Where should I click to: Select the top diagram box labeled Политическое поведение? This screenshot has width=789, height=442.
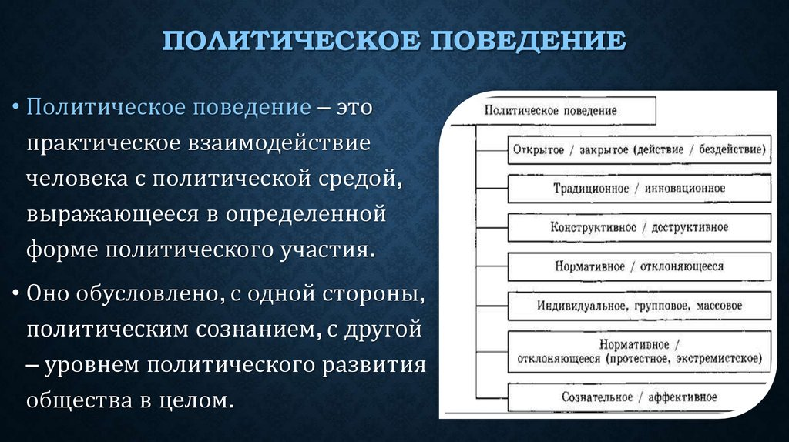(x=569, y=110)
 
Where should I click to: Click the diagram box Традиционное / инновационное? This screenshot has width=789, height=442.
(x=638, y=188)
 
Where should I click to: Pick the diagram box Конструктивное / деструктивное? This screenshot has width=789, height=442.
(x=638, y=227)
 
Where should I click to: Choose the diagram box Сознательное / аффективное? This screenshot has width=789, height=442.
(x=638, y=397)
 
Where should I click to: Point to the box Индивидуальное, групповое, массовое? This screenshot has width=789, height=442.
(x=638, y=306)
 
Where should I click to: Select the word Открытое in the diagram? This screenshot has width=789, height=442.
(x=537, y=149)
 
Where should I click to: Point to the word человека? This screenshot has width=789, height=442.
(x=72, y=179)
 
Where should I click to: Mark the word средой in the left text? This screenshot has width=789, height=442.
(x=354, y=179)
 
